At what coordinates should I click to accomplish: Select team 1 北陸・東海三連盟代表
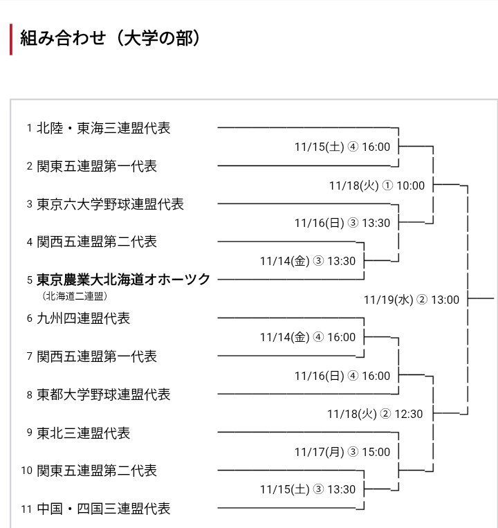(103, 128)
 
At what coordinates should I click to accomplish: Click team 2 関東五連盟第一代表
(96, 166)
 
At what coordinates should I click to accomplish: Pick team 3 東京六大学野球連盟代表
(110, 204)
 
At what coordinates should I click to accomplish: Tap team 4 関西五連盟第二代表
(96, 242)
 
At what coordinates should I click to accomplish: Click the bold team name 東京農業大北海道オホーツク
(123, 280)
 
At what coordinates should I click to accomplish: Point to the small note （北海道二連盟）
(75, 296)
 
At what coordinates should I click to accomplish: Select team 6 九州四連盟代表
(83, 318)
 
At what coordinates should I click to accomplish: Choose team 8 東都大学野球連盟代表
(103, 394)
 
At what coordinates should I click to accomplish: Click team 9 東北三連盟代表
(83, 433)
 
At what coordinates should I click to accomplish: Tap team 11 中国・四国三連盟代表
(103, 509)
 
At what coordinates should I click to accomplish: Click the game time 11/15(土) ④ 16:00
(342, 147)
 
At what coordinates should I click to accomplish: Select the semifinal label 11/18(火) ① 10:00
(377, 185)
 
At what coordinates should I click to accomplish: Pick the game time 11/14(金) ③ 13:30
(308, 261)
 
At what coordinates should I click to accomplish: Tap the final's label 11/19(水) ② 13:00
(412, 300)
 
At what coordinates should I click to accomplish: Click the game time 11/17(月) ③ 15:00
(342, 452)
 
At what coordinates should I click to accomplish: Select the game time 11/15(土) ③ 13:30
(308, 490)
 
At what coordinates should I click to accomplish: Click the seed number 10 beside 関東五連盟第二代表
(27, 471)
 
